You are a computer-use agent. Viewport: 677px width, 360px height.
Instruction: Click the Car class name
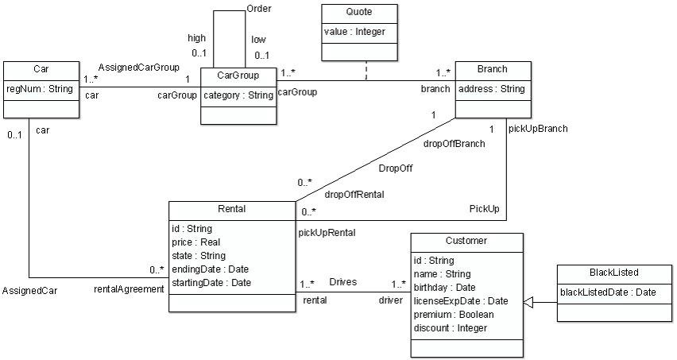[x=41, y=69]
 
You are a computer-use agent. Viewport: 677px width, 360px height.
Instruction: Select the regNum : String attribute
[x=41, y=88]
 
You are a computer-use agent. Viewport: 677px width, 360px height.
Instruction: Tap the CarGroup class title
[x=237, y=76]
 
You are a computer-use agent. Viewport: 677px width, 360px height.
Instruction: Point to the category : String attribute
[x=237, y=95]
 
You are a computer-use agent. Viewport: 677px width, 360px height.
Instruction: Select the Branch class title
[x=493, y=69]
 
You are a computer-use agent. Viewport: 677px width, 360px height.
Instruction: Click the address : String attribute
[x=492, y=89]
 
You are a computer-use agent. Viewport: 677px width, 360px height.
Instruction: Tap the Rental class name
[x=231, y=209]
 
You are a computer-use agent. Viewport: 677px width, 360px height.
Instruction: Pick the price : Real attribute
[x=196, y=242]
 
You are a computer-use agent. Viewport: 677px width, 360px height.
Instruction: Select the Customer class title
[x=466, y=241]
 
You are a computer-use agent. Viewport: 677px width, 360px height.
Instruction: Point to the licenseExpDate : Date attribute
[x=461, y=300]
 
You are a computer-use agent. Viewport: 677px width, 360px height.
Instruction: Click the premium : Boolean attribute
[x=454, y=314]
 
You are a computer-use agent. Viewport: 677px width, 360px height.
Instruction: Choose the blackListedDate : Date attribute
[x=609, y=292]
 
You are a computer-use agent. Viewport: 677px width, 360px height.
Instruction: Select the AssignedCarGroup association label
[x=138, y=67]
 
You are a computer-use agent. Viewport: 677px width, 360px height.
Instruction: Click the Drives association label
[x=343, y=282]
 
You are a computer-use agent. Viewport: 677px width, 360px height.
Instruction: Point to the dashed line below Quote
[x=366, y=71]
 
